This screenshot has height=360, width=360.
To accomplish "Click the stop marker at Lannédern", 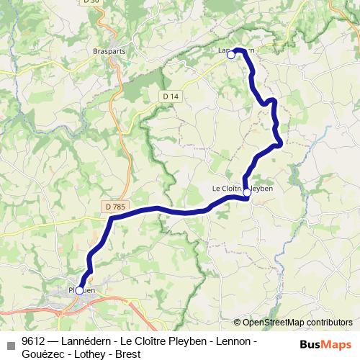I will [x=231, y=54].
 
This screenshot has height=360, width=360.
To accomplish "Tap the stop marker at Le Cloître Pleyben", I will [x=247, y=192].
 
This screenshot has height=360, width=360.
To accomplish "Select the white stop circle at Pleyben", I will [x=79, y=290].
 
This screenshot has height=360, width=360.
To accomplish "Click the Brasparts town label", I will [x=109, y=52].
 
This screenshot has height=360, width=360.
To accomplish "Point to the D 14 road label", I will [x=170, y=96].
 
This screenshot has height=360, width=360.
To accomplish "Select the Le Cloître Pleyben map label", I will [x=243, y=189].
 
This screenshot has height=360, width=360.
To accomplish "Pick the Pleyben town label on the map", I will [x=82, y=290].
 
